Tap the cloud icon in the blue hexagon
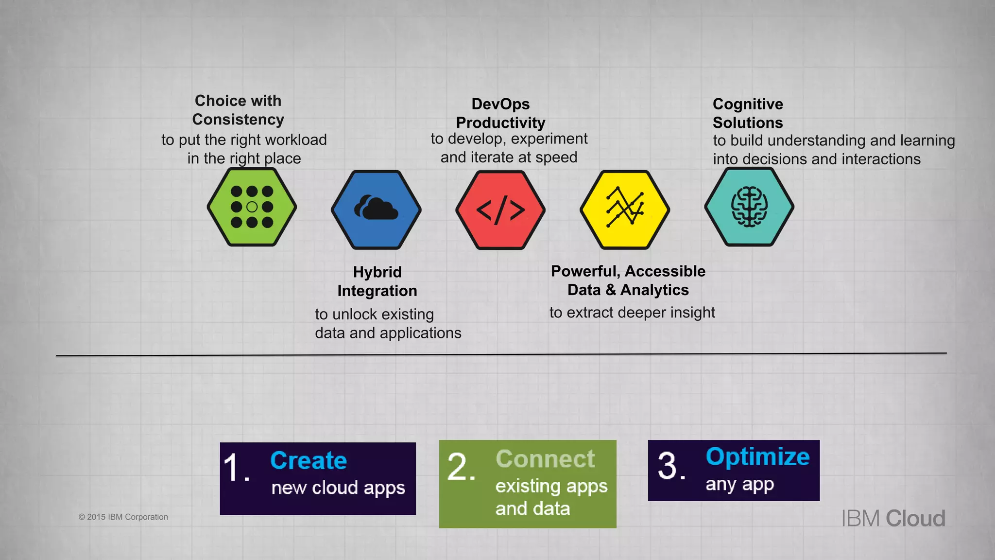point(377,208)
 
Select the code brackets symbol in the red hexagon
point(500,210)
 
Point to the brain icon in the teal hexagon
point(749,207)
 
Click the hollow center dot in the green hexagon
point(252,207)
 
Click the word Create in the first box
point(309,460)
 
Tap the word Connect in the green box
point(545,459)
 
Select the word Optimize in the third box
point(757,456)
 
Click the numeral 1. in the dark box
point(236,468)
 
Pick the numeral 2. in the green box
point(461,467)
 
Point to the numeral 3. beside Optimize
point(671,466)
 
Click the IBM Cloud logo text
point(893,518)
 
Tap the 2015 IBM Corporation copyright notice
point(123,517)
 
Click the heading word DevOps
point(500,104)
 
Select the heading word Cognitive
point(748,104)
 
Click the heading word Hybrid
point(377,272)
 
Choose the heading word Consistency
point(238,120)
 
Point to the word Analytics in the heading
point(654,290)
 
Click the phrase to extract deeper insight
point(632,313)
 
